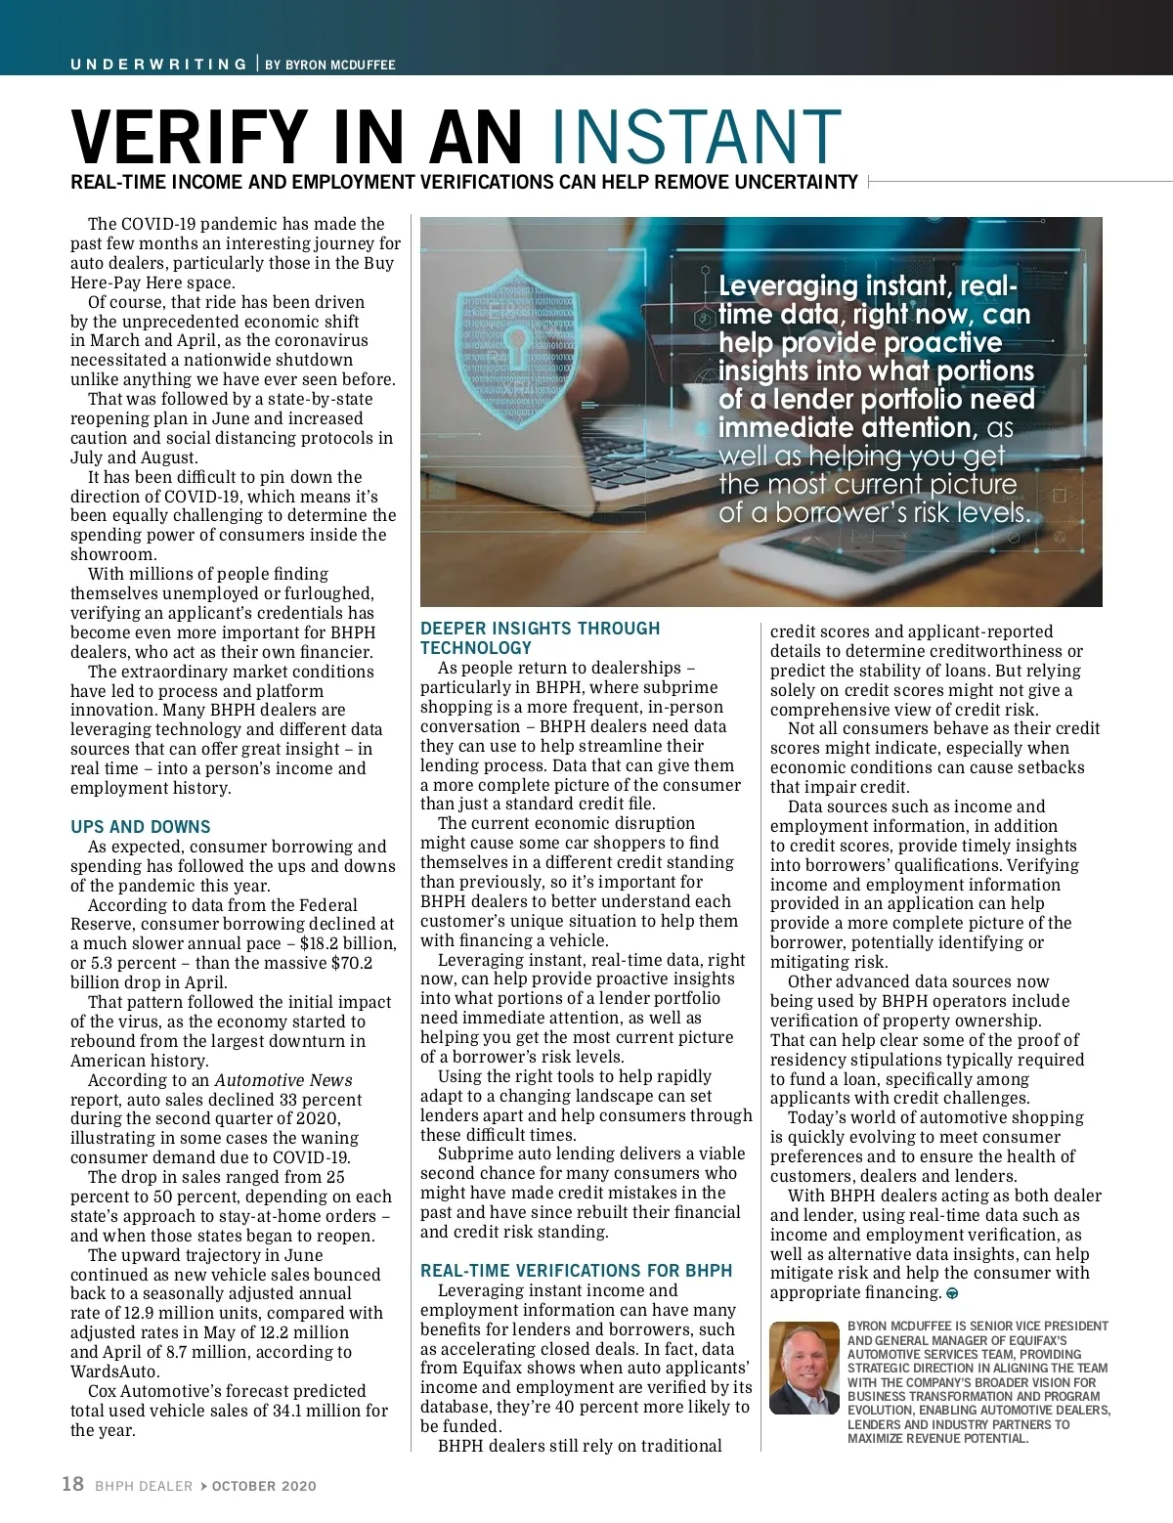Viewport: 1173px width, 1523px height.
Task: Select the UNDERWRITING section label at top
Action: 158,65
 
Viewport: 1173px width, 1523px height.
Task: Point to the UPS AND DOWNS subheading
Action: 140,827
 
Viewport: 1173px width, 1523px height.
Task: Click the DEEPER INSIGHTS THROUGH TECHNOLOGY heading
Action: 540,637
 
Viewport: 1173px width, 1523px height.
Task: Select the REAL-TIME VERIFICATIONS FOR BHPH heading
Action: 576,1271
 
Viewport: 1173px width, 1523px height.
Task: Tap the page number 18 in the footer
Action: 72,1484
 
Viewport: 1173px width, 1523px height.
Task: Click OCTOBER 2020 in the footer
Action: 264,1486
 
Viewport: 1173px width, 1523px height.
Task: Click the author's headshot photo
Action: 804,1368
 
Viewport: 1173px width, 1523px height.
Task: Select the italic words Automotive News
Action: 283,1080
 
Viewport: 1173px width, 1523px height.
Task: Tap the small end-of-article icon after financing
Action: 952,1293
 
